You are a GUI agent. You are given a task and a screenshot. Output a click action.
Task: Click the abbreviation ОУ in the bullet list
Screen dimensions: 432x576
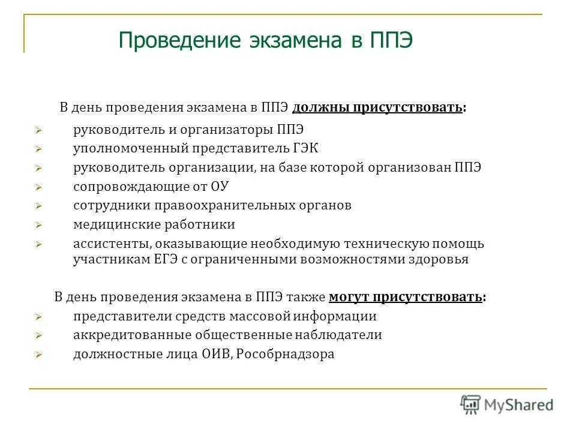coord(220,186)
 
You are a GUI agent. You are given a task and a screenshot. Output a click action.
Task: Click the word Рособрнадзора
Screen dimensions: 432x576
coord(285,354)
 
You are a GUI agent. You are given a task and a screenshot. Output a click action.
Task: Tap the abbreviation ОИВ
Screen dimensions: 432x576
coord(215,354)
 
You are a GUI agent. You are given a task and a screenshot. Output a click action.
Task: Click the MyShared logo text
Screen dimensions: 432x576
coord(519,405)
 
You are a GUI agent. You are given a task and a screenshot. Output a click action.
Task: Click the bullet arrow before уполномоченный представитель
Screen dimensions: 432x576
coord(38,149)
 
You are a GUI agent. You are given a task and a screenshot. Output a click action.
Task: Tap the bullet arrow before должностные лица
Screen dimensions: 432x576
coord(38,355)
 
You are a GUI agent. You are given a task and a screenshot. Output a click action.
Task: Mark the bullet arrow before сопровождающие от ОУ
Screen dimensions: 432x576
coord(38,187)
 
